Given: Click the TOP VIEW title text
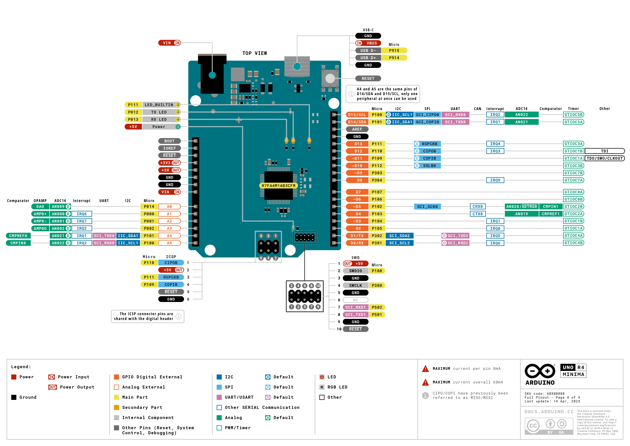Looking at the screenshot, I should click(x=254, y=53).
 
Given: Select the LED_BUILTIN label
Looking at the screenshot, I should click(x=159, y=105).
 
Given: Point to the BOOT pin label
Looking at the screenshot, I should click(x=169, y=141).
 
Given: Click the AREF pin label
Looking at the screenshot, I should click(x=357, y=129).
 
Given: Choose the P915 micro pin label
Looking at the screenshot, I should click(x=394, y=50).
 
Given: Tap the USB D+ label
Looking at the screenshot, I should click(x=368, y=58).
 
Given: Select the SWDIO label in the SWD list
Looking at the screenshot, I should click(x=355, y=271).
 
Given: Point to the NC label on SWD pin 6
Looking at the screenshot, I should click(x=355, y=300).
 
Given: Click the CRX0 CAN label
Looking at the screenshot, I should click(x=477, y=206).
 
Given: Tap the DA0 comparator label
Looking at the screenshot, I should click(x=40, y=206).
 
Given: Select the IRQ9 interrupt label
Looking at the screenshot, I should click(x=495, y=180).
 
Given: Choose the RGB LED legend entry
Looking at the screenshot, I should click(x=337, y=387).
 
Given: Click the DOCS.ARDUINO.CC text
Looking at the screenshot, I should click(x=549, y=412).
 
